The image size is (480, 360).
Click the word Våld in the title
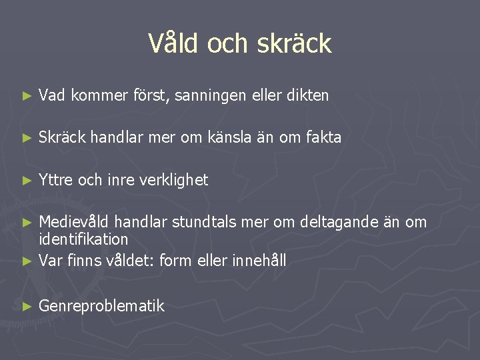[175, 43]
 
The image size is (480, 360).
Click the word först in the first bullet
[151, 95]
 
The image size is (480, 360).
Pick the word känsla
[246, 137]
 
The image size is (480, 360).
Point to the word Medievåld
[71, 221]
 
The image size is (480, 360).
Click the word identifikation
[83, 239]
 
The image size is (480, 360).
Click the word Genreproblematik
[101, 306]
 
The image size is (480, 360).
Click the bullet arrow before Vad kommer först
[27, 96]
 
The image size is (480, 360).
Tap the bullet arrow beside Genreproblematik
[27, 307]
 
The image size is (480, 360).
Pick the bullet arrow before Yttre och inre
[27, 181]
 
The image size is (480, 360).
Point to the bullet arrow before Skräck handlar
[27, 138]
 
